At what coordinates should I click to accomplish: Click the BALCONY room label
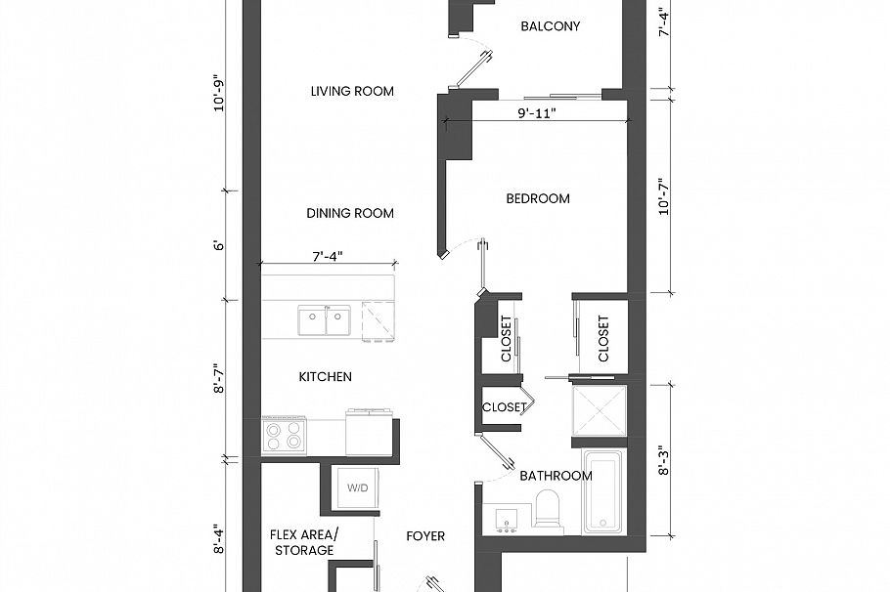click(550, 26)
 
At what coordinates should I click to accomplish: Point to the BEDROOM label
click(538, 199)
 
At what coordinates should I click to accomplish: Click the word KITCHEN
click(325, 377)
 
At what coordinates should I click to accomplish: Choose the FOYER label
click(425, 536)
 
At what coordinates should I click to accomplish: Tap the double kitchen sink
click(325, 319)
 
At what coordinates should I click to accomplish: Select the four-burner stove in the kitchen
click(284, 436)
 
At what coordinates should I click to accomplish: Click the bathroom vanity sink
click(506, 518)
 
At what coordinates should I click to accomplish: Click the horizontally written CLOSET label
click(504, 407)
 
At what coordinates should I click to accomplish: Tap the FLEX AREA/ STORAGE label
click(303, 543)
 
